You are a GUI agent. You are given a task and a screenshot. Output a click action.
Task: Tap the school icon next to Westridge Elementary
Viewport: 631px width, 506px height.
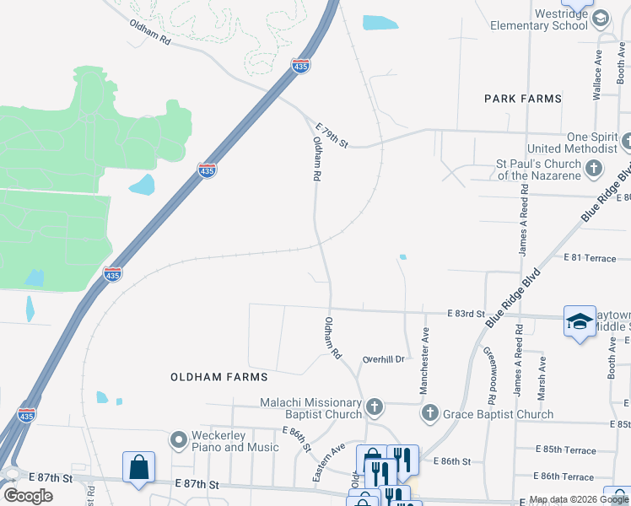pos(601,19)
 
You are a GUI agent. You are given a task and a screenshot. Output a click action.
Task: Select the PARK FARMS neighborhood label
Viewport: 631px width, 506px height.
pos(523,99)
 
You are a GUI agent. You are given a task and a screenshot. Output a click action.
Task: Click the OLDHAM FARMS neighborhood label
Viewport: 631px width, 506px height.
pos(218,377)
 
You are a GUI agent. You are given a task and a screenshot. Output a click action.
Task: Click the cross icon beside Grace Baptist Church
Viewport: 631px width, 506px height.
pos(430,413)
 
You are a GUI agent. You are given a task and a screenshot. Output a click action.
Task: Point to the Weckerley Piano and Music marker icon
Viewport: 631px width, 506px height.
pos(178,440)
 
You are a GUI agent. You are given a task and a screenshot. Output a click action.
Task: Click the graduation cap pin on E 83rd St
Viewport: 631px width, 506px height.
pos(580,321)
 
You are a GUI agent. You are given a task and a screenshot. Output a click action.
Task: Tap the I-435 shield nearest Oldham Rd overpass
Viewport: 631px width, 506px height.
pos(300,65)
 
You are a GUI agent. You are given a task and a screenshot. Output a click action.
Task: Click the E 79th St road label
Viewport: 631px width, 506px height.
pos(332,134)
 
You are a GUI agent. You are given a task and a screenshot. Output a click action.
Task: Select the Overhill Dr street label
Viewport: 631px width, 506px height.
pos(384,359)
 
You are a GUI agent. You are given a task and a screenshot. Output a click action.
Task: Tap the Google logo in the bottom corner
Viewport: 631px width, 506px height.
pos(28,495)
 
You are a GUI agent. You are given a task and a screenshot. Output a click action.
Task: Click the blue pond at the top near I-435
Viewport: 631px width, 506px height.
pos(380,23)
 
